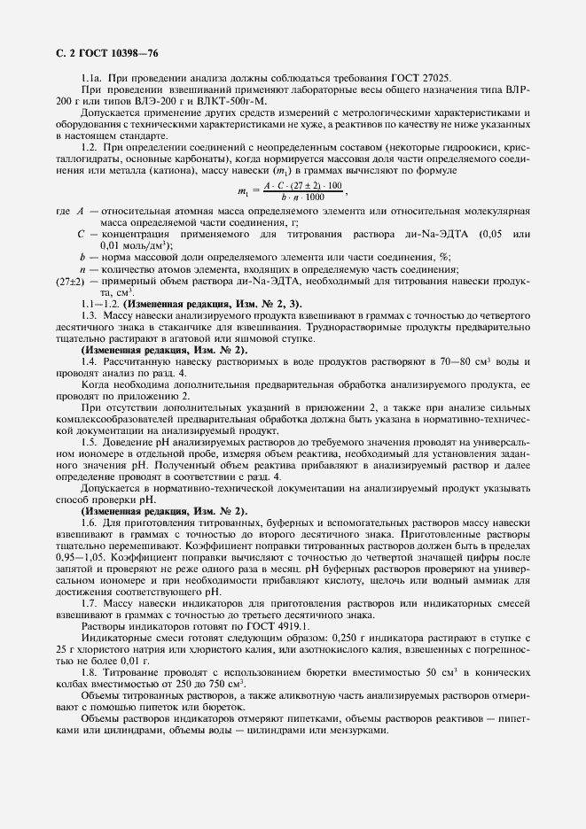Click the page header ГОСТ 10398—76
click(x=98, y=53)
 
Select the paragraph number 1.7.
click(x=88, y=603)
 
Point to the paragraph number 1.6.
click(x=88, y=523)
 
